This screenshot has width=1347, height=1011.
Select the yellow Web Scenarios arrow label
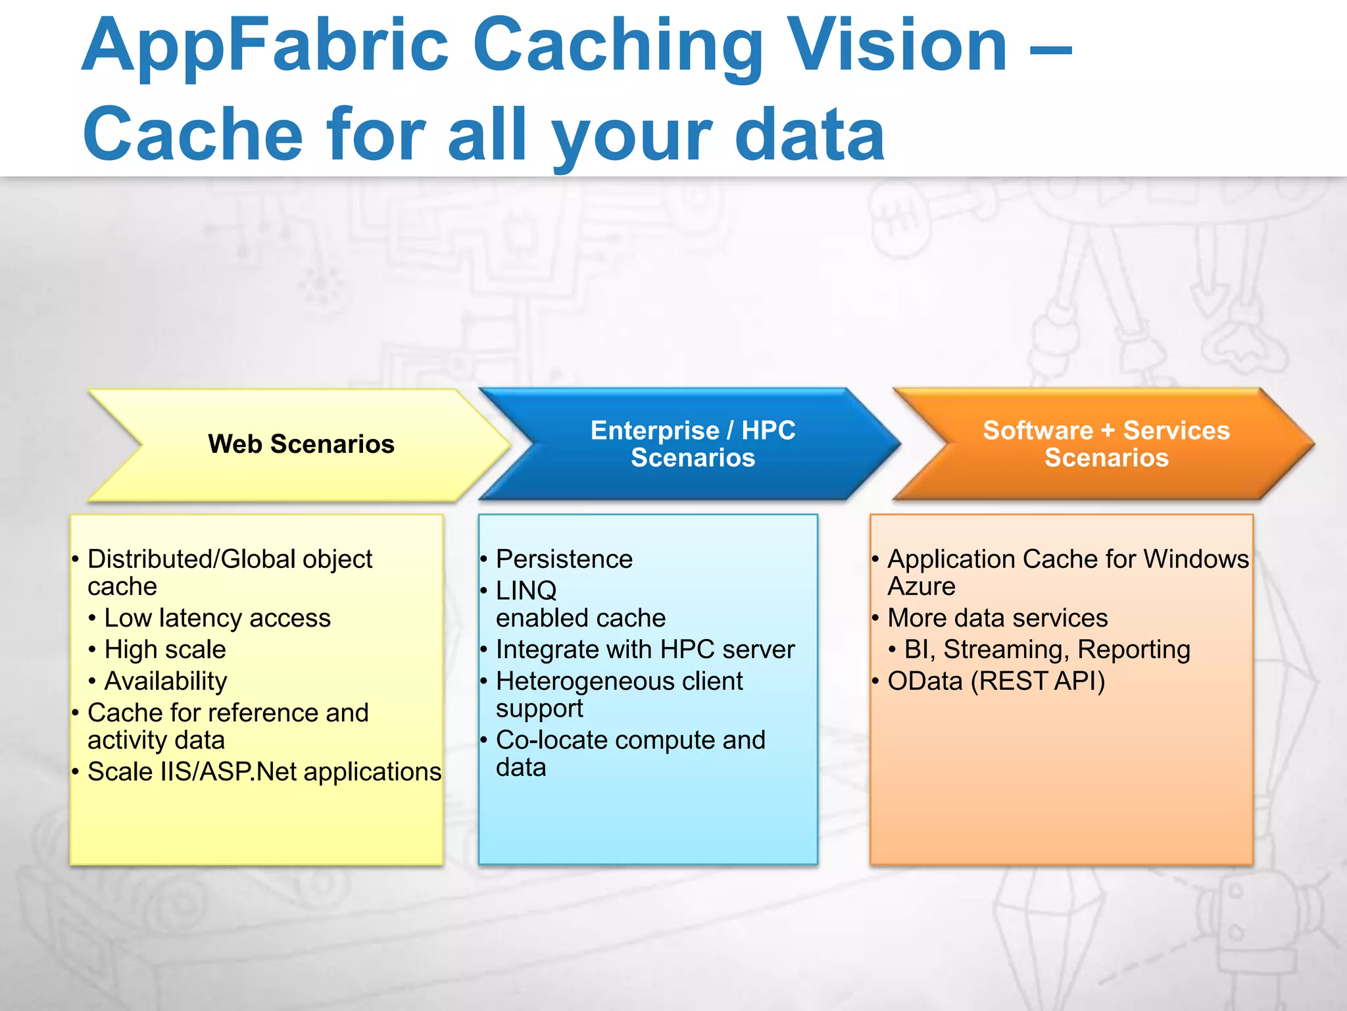pos(301,444)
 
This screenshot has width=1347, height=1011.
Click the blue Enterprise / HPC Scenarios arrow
pos(693,444)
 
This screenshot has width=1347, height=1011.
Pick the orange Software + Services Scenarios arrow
pos(1106,444)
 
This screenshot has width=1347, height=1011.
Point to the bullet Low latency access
pos(217,618)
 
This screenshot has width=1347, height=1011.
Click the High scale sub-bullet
pos(165,650)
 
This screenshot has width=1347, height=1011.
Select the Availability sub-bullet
pos(166,681)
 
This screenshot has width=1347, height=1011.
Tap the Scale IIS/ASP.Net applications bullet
pos(264,771)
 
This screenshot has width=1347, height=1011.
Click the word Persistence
pos(564,559)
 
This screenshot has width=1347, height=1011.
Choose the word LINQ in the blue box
pos(526,590)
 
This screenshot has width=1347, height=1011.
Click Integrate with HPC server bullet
pos(645,650)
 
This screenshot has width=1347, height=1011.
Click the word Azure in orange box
pos(921,586)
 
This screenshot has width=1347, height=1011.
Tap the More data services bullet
pos(997,618)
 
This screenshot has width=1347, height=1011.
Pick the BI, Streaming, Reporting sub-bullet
pos(1047,650)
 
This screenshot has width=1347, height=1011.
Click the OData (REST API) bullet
pos(996,681)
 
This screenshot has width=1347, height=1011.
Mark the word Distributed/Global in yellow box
pos(191,559)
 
